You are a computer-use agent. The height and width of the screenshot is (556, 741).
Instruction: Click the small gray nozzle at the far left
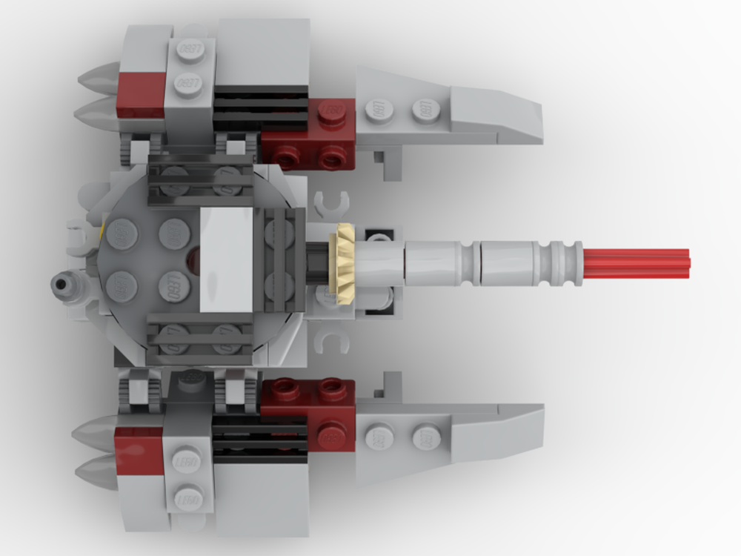pos(62,282)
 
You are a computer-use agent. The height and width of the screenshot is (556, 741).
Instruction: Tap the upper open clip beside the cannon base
pos(330,201)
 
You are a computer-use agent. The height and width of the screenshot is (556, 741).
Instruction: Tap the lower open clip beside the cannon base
pos(330,340)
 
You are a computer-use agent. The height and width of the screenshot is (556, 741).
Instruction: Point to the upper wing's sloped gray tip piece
pos(495,115)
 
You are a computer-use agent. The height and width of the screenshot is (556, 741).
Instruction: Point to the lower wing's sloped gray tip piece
pos(495,432)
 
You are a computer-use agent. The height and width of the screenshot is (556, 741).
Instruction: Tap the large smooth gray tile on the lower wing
pos(263,497)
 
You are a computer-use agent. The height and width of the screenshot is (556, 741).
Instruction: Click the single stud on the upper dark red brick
pos(331,111)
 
